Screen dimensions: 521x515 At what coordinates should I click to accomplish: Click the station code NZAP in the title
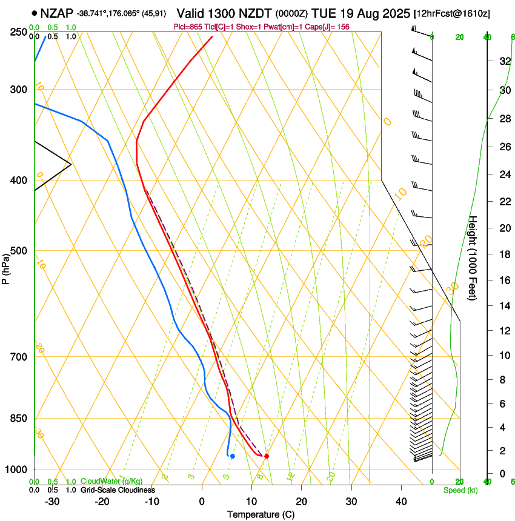tap(57, 12)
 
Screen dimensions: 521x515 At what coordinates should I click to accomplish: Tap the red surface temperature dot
tap(267, 456)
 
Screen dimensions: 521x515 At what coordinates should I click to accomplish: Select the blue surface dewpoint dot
tap(233, 456)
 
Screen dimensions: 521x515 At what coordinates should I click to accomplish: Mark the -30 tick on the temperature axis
tap(52, 501)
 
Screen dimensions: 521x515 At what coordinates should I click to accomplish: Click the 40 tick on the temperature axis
tap(401, 501)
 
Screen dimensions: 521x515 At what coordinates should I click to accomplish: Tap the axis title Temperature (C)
tap(261, 514)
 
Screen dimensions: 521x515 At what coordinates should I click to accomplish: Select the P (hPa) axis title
tap(7, 267)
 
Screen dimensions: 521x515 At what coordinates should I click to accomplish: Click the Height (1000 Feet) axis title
tap(473, 258)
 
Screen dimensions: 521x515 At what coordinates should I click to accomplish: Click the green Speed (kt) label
tap(460, 490)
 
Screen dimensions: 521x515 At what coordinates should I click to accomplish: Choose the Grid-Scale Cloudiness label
tap(117, 490)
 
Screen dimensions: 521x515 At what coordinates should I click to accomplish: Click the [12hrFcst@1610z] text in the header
tap(452, 13)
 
